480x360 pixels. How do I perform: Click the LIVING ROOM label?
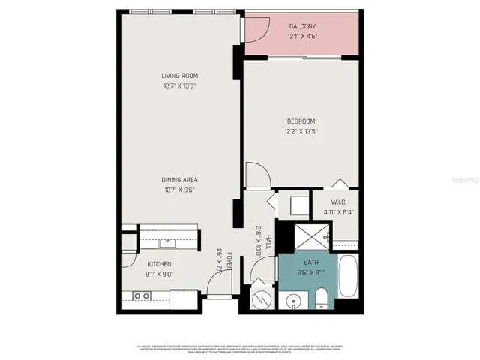178,76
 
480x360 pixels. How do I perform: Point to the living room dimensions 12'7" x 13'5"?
178,85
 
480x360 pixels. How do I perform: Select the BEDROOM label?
301,121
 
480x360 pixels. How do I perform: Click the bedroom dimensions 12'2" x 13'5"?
301,131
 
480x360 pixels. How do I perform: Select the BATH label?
311,262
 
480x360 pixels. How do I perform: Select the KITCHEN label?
160,264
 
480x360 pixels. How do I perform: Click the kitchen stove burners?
141,296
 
